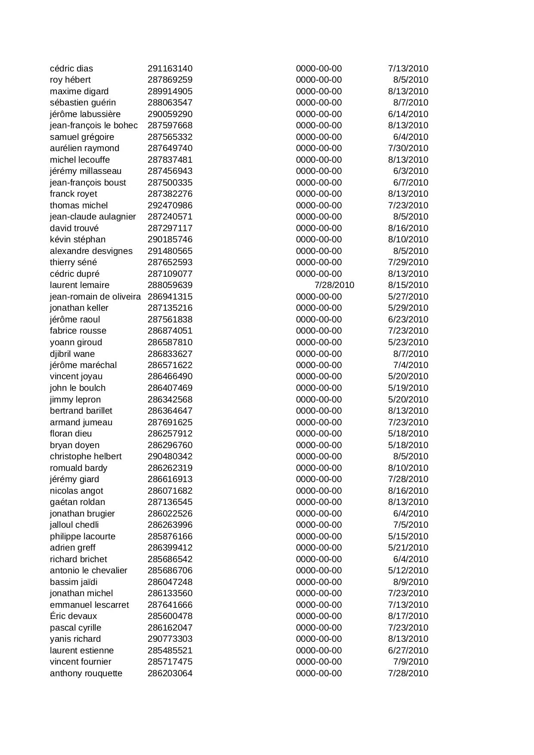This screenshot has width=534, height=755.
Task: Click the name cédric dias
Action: click(x=71, y=68)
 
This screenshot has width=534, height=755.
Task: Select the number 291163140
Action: click(x=170, y=68)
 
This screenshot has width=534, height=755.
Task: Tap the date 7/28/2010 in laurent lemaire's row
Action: click(x=334, y=285)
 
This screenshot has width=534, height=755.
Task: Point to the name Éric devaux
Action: click(x=74, y=616)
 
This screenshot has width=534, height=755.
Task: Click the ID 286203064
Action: click(x=170, y=673)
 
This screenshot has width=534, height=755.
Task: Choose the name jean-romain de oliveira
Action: click(x=95, y=297)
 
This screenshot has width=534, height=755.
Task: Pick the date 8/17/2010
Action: click(x=408, y=616)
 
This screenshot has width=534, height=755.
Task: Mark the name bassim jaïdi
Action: click(x=74, y=582)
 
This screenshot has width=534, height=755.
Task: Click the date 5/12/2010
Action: click(x=408, y=570)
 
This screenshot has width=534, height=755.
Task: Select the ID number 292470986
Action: click(x=170, y=205)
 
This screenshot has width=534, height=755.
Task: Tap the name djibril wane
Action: click(x=72, y=354)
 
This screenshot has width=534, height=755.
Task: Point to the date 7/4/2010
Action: click(x=411, y=365)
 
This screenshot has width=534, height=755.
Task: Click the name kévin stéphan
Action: click(x=77, y=239)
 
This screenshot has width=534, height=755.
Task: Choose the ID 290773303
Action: click(x=170, y=639)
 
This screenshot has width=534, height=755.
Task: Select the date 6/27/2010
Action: click(x=408, y=650)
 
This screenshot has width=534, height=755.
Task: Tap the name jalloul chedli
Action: click(x=74, y=525)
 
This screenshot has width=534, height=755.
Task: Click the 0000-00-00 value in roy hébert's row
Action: click(x=319, y=80)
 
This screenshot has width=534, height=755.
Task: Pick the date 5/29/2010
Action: click(x=408, y=308)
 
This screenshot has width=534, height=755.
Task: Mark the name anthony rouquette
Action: click(x=86, y=673)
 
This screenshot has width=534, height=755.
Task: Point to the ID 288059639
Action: click(x=170, y=285)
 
